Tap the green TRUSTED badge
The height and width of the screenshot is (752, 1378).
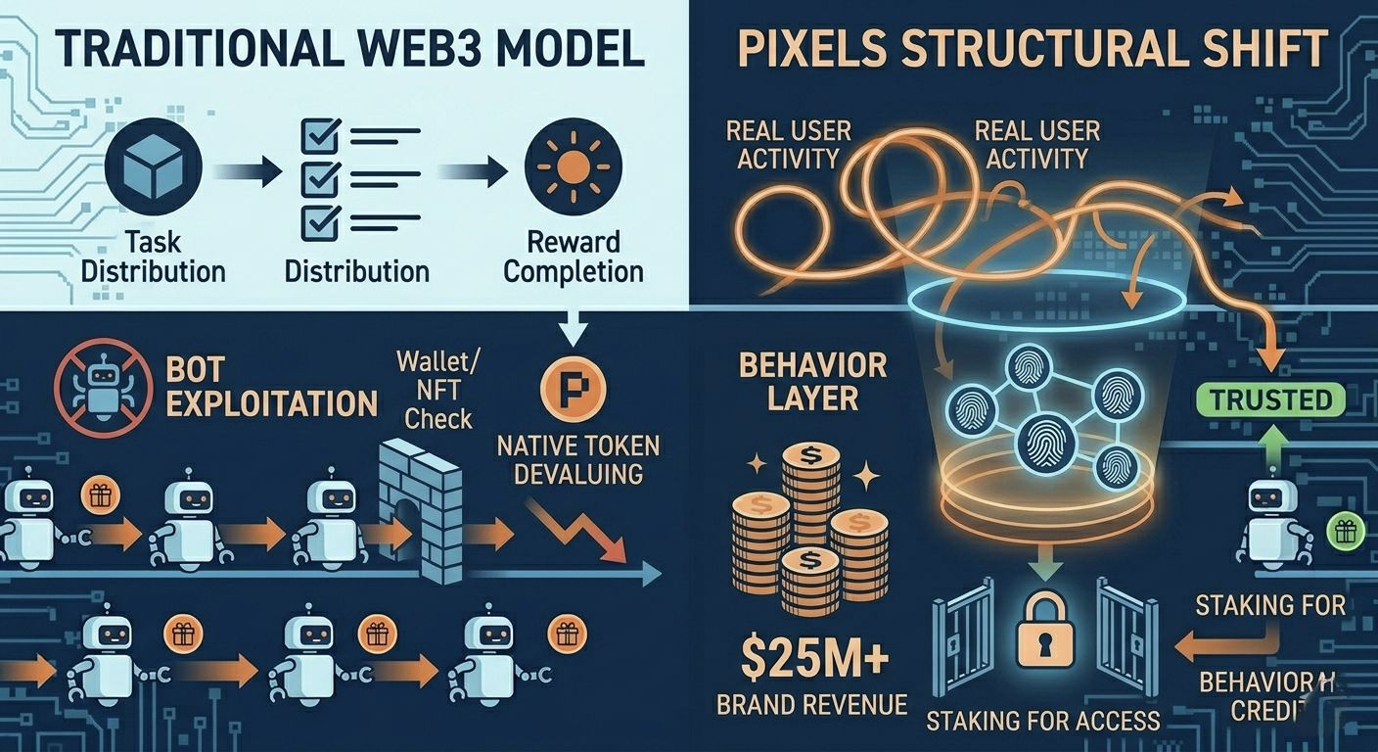click(x=1270, y=399)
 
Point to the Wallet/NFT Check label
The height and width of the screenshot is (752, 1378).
click(x=435, y=391)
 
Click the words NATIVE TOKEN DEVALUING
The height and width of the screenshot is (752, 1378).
click(x=578, y=460)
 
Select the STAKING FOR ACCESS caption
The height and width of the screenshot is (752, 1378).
click(x=1043, y=721)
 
